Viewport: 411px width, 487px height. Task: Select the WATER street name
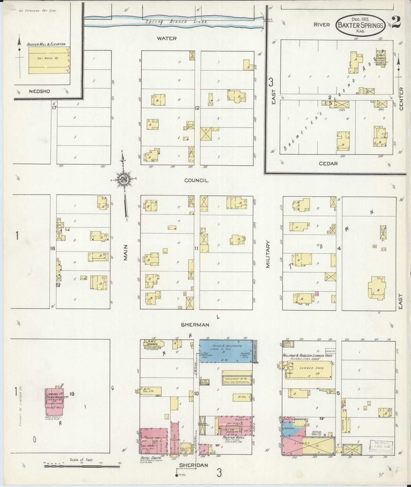click(x=167, y=38)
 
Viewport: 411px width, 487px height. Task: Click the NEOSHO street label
click(x=39, y=91)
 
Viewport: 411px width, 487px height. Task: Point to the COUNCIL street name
click(x=196, y=180)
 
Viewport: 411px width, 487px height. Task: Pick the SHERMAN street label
click(x=195, y=325)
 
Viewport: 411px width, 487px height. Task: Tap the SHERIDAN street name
click(x=193, y=465)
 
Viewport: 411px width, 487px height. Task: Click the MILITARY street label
click(x=268, y=255)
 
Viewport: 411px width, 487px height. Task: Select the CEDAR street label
click(x=328, y=164)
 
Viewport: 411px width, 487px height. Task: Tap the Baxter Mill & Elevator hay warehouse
click(x=48, y=60)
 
